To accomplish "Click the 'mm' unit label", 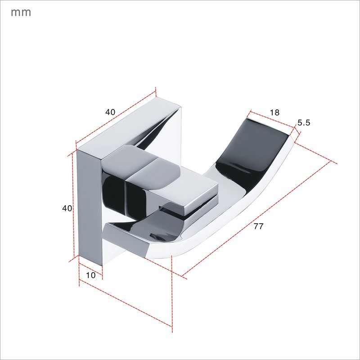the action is pyautogui.click(x=21, y=13).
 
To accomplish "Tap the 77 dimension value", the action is pyautogui.click(x=258, y=226).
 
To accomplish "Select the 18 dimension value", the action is pyautogui.click(x=274, y=112).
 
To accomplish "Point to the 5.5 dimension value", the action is pyautogui.click(x=304, y=123).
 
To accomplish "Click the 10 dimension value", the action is pyautogui.click(x=90, y=275).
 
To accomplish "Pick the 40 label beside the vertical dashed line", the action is pyautogui.click(x=67, y=208).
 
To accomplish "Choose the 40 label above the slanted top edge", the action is pyautogui.click(x=110, y=112).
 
